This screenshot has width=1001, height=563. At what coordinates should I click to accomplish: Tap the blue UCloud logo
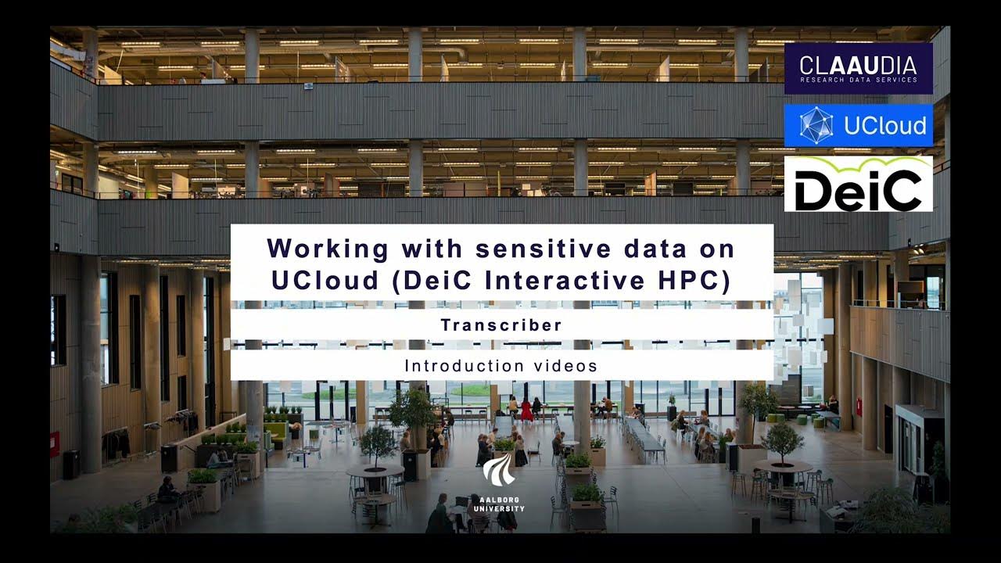(858, 125)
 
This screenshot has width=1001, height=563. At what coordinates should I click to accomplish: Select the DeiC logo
(858, 185)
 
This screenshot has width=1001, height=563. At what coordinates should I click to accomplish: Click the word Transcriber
(501, 325)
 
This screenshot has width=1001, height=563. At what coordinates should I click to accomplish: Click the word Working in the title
(328, 249)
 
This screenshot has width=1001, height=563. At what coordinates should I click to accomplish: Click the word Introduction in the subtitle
(464, 365)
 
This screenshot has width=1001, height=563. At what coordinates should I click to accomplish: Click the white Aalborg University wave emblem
(498, 469)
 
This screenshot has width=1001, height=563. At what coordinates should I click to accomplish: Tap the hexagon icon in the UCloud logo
(816, 125)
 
